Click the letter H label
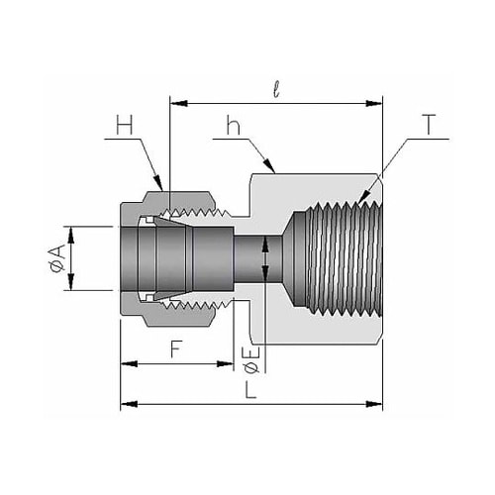click(125, 125)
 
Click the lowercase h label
click(233, 125)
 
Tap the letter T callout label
click(429, 125)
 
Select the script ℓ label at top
click(276, 89)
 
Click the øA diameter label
click(56, 259)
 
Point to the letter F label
click(176, 349)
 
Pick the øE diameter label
click(252, 359)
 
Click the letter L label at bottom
click(250, 389)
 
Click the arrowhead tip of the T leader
click(358, 202)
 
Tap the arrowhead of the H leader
click(162, 190)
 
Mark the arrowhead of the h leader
click(275, 173)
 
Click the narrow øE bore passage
click(258, 258)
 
